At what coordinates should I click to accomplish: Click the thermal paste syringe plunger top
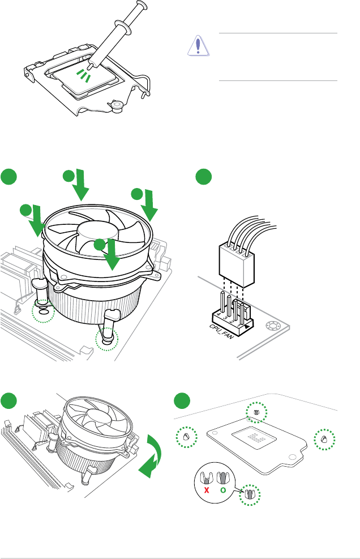tap(139, 7)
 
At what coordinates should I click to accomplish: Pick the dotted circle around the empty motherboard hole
tap(42, 311)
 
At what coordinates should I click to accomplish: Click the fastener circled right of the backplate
tap(324, 439)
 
